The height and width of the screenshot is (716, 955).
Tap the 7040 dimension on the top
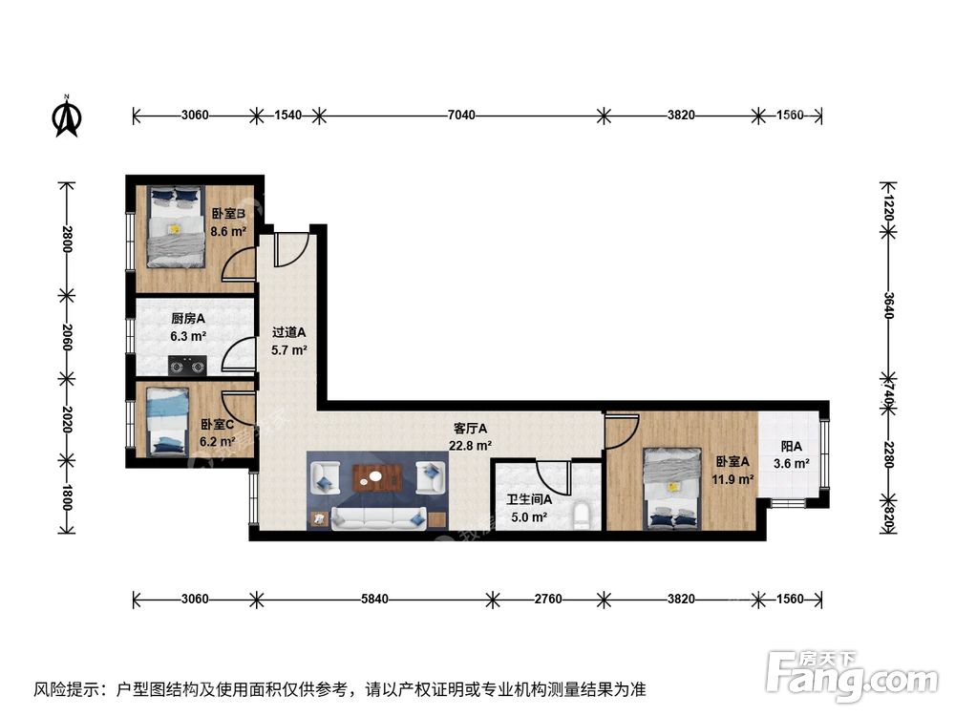[x=461, y=116]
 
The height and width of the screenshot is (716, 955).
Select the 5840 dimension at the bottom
[x=374, y=600]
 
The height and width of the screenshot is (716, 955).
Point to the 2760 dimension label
[x=548, y=600]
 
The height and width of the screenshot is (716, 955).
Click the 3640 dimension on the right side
[x=888, y=307]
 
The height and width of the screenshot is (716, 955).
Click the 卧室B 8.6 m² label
[x=229, y=222]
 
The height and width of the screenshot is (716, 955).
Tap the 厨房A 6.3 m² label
[x=189, y=327]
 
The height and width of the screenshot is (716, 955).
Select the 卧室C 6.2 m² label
[x=218, y=432]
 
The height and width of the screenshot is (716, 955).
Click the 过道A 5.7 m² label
[x=289, y=341]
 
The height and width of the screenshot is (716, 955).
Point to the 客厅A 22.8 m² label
[x=471, y=436]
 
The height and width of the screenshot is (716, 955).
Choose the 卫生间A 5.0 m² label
[x=526, y=509]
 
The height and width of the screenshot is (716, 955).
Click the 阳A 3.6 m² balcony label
[x=791, y=454]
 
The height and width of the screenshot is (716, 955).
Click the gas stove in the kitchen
[x=187, y=364]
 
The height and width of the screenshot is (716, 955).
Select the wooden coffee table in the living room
[x=377, y=476]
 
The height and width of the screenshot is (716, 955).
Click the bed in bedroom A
[x=672, y=488]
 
